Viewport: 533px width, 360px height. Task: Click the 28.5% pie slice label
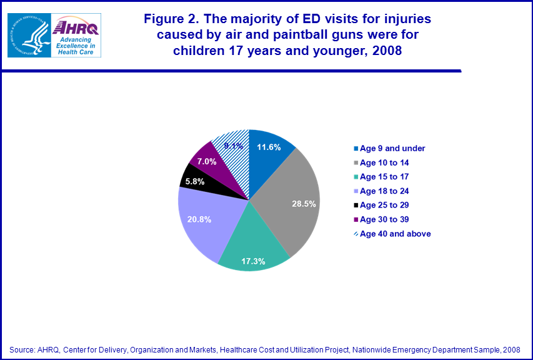pyautogui.click(x=304, y=204)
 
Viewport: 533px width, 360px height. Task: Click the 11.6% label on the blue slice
pyautogui.click(x=268, y=147)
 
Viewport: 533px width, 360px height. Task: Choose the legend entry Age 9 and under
pyautogui.click(x=392, y=148)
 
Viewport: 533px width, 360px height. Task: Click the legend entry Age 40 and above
pyautogui.click(x=395, y=234)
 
